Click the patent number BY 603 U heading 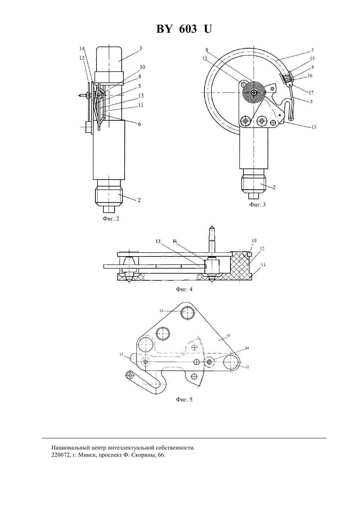click(x=184, y=29)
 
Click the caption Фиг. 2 click(x=111, y=219)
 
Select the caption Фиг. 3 click(x=257, y=204)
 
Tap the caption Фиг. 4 click(x=184, y=289)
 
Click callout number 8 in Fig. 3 click(x=207, y=50)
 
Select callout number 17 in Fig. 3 click(x=311, y=93)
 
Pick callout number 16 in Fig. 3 click(x=310, y=76)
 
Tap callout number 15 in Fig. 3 click(x=312, y=59)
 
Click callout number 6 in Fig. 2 click(x=139, y=124)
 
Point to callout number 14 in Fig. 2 click(x=82, y=48)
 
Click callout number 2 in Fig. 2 click(x=139, y=200)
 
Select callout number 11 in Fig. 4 click(x=257, y=265)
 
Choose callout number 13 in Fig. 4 click(x=158, y=241)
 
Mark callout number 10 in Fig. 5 click(x=228, y=335)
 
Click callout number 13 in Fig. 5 click(x=121, y=354)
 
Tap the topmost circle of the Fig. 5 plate click(x=188, y=313)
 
